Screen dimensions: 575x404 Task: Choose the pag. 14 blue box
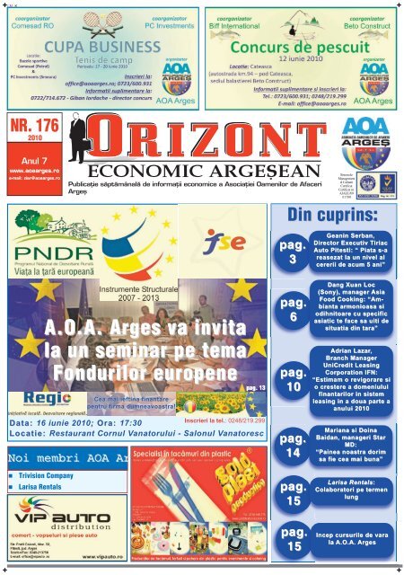(296, 447)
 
